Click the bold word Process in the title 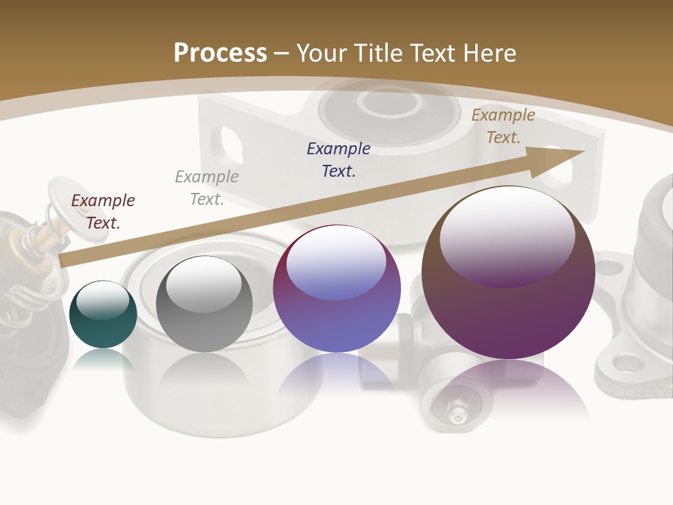tap(220, 53)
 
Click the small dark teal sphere tap(103, 314)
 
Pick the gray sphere tap(204, 304)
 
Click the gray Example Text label tap(207, 188)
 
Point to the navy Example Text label tap(339, 159)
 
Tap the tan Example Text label tap(503, 126)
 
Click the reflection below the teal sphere tap(103, 358)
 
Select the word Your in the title tap(322, 53)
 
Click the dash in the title tap(282, 53)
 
